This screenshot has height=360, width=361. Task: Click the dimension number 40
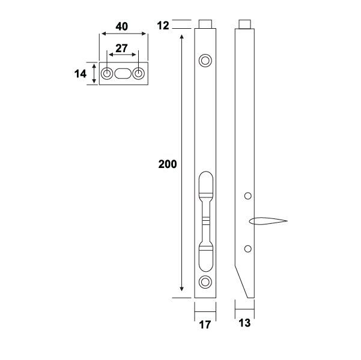pos(123,27)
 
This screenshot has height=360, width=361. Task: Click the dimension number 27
pos(123,47)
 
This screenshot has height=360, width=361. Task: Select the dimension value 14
pos(80,73)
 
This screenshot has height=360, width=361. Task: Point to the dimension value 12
pos(163,25)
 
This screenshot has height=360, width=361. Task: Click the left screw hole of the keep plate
pos(107,73)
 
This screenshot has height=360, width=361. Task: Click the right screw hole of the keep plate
pos(139,73)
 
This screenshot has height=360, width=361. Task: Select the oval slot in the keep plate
pos(123,73)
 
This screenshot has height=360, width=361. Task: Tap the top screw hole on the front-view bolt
pos(205,60)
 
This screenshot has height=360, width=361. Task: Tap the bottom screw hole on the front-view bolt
pos(205,282)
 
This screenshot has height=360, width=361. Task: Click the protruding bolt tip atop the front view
pos(205,25)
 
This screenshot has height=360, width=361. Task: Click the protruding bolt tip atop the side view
pos(244,25)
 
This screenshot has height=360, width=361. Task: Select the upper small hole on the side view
pos(247,196)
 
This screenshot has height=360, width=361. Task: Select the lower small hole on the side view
pos(247,248)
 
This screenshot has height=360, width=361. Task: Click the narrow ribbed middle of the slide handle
pos(205,220)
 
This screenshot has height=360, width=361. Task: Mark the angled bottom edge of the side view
pos(243,278)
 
